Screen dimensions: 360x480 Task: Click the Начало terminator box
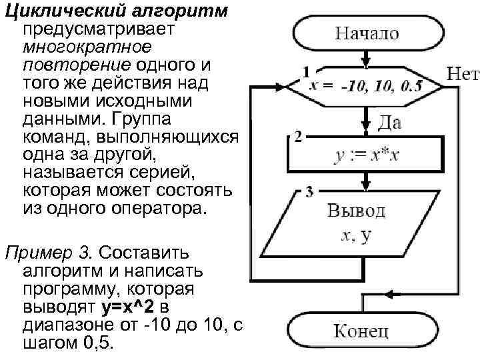point(367,32)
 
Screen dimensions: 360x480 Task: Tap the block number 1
point(306,70)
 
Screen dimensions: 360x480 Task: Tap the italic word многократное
point(87,48)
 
